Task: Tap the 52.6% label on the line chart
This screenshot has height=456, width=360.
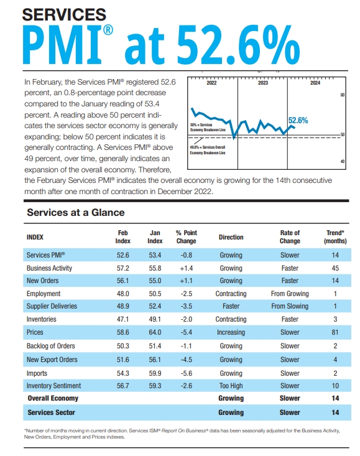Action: (298, 121)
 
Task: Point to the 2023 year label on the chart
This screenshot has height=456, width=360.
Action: (262, 83)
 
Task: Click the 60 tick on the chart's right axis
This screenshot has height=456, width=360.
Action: (342, 95)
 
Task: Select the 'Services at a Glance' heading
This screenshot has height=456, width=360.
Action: (76, 212)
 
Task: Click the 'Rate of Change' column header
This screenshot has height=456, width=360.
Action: (290, 237)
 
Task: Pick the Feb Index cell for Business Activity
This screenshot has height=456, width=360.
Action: (123, 268)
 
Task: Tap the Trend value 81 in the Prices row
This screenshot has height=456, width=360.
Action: (336, 333)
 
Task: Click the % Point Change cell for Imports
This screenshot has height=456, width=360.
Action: (186, 373)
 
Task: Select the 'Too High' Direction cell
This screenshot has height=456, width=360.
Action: (231, 386)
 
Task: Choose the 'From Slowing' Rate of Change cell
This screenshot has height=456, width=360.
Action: (290, 305)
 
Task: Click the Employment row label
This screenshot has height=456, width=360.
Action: (44, 294)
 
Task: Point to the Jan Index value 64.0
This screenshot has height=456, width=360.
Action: (155, 333)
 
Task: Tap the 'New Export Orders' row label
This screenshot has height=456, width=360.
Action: (52, 360)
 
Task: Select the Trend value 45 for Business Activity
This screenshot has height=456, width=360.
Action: (336, 268)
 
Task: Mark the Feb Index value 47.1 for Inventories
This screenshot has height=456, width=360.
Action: (123, 319)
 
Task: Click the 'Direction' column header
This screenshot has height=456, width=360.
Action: (231, 237)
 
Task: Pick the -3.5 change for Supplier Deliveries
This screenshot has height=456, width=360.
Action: (186, 306)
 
